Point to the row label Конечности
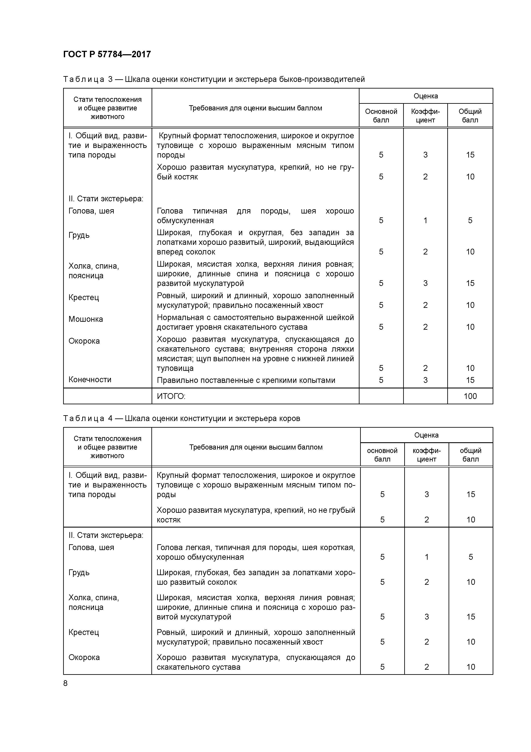(90, 380)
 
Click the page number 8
(66, 683)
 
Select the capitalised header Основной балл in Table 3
(381, 116)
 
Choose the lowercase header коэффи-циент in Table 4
(426, 455)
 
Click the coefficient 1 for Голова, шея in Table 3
(425, 220)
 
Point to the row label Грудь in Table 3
(79, 235)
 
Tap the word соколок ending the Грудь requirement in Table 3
(201, 252)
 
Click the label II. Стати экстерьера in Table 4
(106, 535)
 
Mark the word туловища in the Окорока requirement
(175, 368)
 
